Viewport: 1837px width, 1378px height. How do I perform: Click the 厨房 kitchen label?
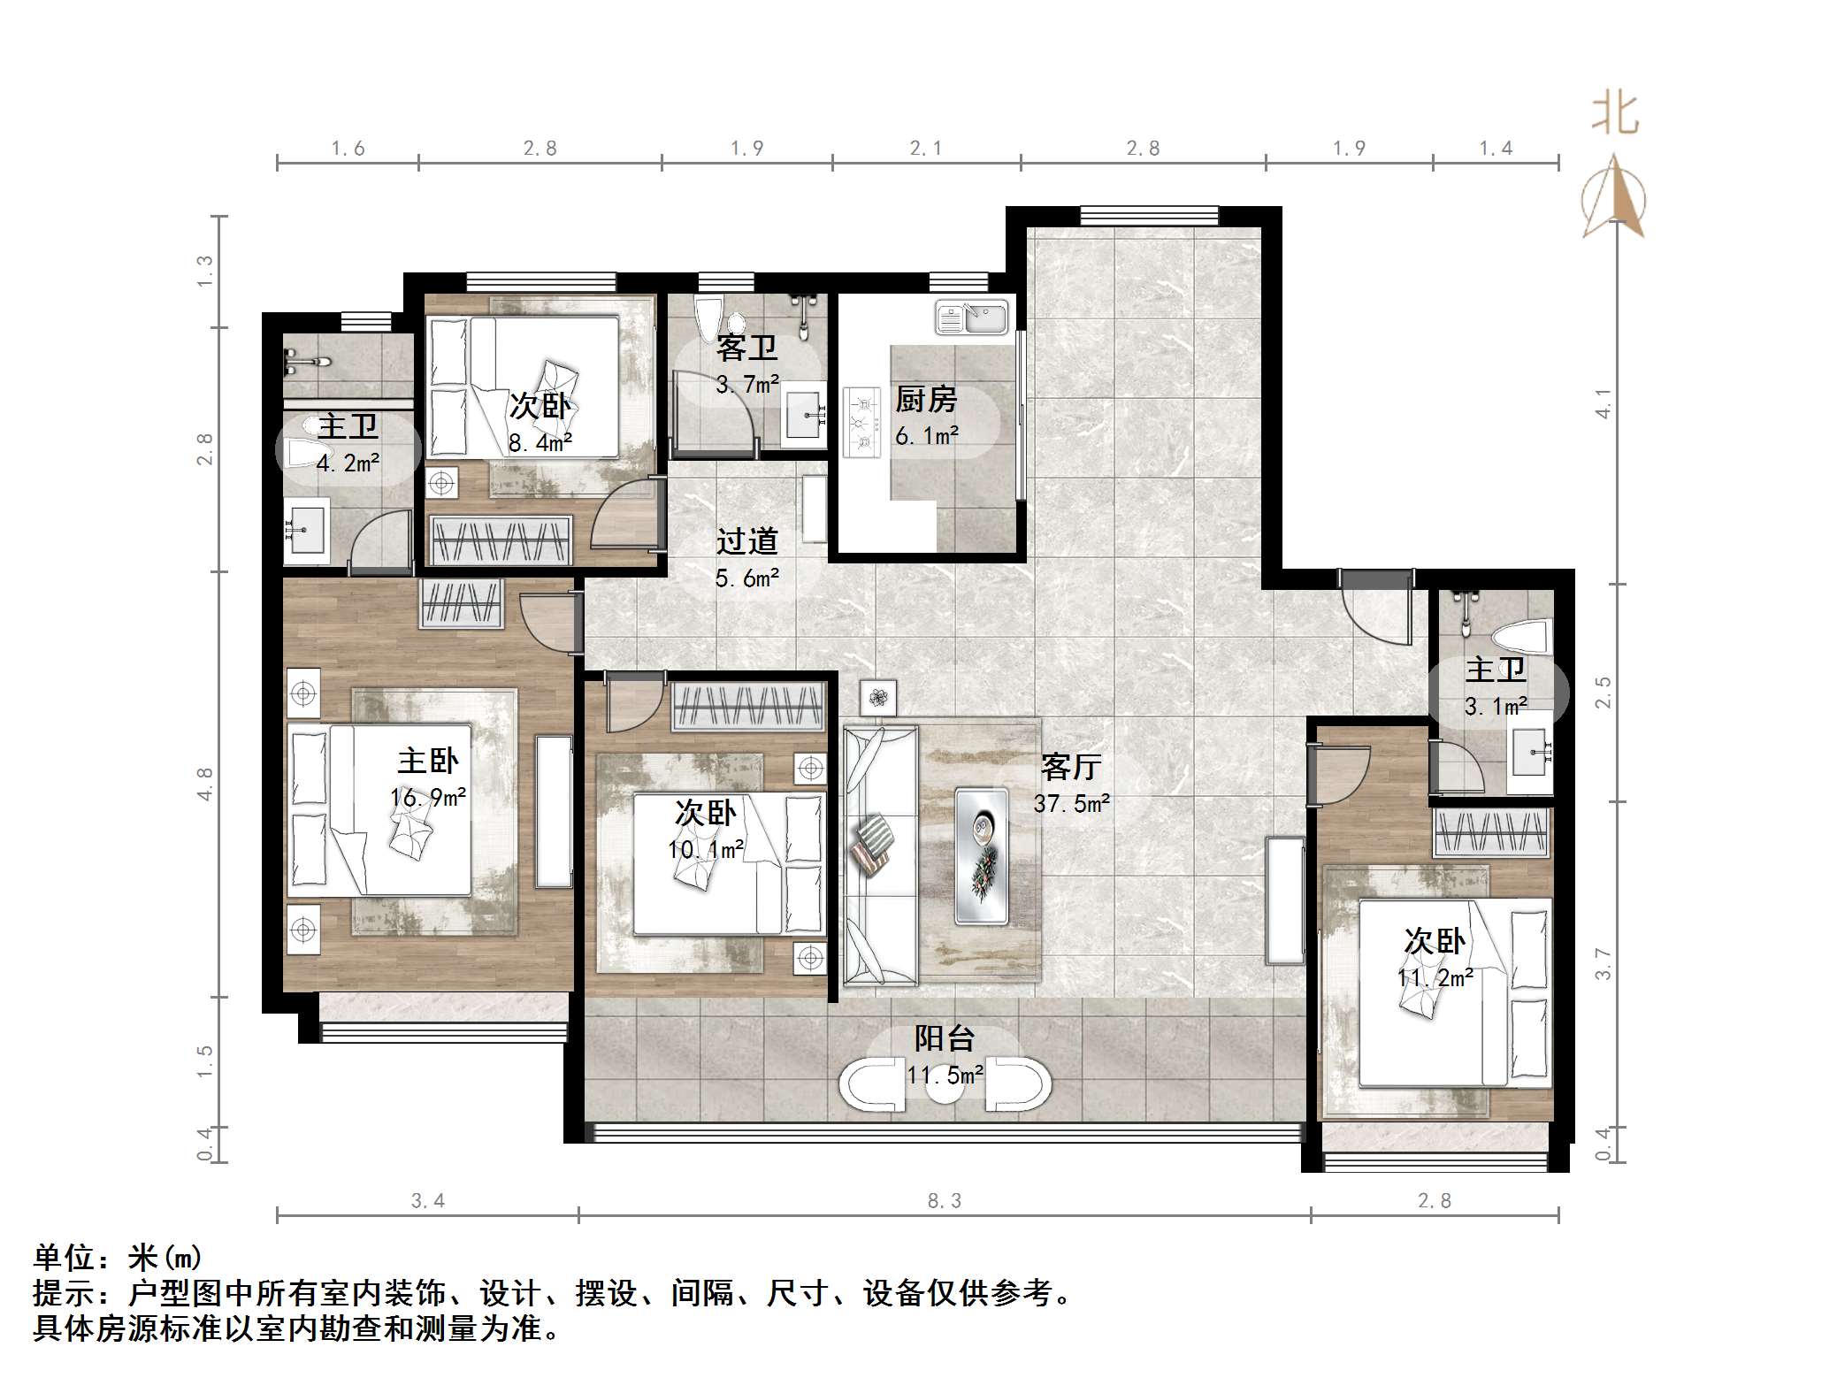(x=925, y=400)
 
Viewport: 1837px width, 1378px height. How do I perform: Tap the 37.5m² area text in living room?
(x=1071, y=803)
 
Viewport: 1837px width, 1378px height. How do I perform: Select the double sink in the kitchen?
(x=971, y=318)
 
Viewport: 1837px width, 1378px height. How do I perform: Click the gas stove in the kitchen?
(x=861, y=422)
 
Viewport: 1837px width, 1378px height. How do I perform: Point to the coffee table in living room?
(x=982, y=856)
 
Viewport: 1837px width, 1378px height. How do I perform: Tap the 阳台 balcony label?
(x=944, y=1037)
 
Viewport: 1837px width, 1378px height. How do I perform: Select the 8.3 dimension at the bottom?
(x=944, y=1200)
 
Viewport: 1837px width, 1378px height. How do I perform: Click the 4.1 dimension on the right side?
(x=1603, y=404)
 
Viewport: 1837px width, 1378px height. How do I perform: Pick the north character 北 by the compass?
(x=1615, y=116)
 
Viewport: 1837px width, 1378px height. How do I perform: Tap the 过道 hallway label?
(x=746, y=540)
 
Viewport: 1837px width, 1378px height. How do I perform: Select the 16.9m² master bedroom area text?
(x=428, y=798)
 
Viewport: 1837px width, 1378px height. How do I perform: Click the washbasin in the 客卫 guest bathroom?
(x=806, y=414)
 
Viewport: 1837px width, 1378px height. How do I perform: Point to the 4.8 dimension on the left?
(x=204, y=784)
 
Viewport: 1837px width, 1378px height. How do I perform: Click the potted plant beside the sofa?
(x=877, y=698)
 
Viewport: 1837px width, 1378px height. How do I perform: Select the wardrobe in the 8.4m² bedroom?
(x=501, y=540)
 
